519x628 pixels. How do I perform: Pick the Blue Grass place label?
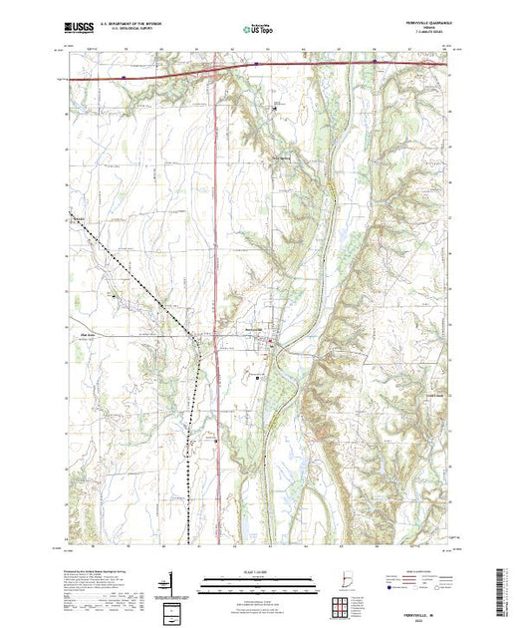tap(86, 335)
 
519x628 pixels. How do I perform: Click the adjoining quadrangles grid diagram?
tap(342, 602)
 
